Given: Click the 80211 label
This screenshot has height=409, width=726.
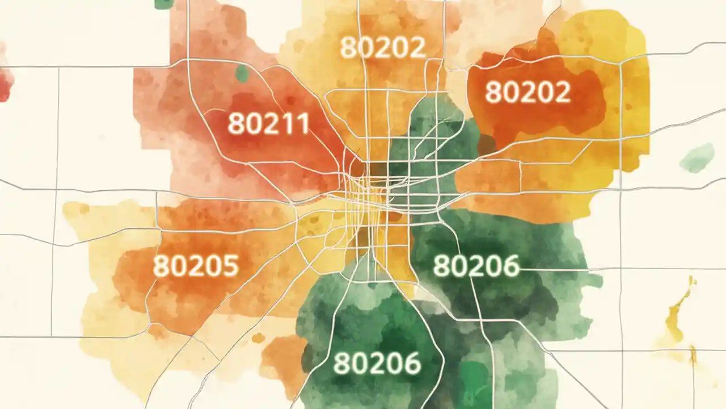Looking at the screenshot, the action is click(268, 123).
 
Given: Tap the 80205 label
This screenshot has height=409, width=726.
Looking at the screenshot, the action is click(196, 265).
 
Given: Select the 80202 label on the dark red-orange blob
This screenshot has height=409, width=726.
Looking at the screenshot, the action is click(527, 91).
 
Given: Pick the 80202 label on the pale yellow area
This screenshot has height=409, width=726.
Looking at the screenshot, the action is click(383, 48).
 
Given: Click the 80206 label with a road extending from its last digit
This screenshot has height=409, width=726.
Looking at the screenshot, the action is click(476, 265).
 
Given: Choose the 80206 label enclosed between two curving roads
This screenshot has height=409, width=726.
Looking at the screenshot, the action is click(377, 363).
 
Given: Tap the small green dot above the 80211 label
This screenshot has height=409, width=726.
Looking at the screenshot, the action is click(242, 73).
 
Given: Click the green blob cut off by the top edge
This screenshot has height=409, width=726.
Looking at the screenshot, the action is click(163, 3).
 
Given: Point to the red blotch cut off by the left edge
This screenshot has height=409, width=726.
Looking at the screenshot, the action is click(5, 82).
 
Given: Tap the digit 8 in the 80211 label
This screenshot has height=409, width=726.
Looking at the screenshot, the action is click(237, 123).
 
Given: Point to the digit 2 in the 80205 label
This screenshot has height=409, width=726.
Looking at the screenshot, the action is click(196, 265).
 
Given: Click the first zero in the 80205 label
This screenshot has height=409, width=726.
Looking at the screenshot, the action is click(179, 265).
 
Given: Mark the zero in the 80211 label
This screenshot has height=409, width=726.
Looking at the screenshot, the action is click(253, 123).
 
